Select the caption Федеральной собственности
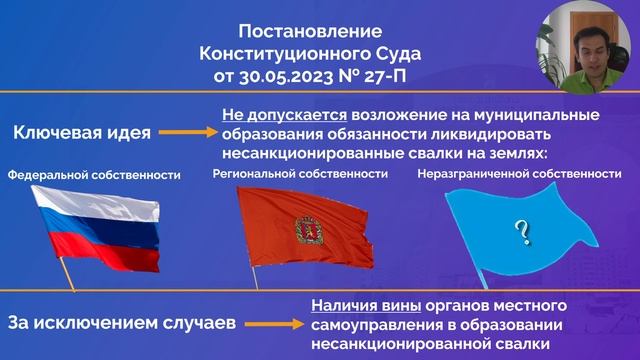point(94,175)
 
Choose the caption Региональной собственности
point(300,174)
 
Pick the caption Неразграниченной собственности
point(519,174)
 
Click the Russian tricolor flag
point(98,228)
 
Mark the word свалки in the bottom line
point(524,343)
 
